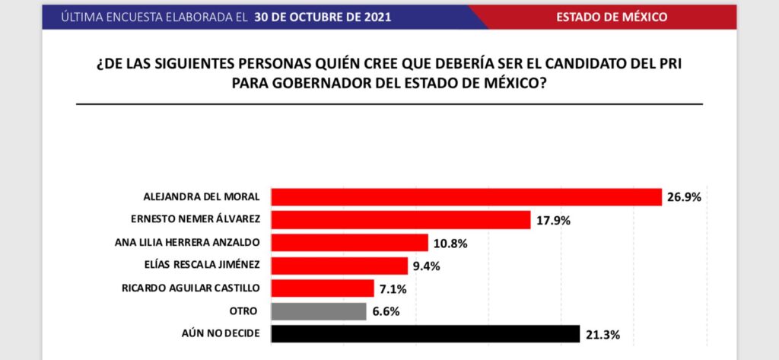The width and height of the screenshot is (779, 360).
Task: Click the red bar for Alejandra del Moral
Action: coord(466,197)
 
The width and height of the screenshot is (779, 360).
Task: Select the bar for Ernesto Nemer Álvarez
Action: coord(401,220)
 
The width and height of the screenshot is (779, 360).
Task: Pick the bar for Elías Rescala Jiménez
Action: coord(339,266)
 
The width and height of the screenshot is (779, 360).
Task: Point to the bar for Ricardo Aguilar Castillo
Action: coord(323,288)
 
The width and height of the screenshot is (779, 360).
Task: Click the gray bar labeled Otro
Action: coord(319,311)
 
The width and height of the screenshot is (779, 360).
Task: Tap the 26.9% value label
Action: coord(684,198)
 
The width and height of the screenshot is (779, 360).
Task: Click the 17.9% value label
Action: coord(552,221)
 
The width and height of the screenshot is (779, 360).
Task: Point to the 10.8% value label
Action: coord(450,244)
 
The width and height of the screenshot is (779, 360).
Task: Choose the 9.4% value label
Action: coord(428,266)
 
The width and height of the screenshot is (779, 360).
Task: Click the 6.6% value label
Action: coord(386,312)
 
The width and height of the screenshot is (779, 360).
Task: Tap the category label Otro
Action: coord(243,311)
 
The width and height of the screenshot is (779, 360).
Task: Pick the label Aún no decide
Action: coord(224,334)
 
